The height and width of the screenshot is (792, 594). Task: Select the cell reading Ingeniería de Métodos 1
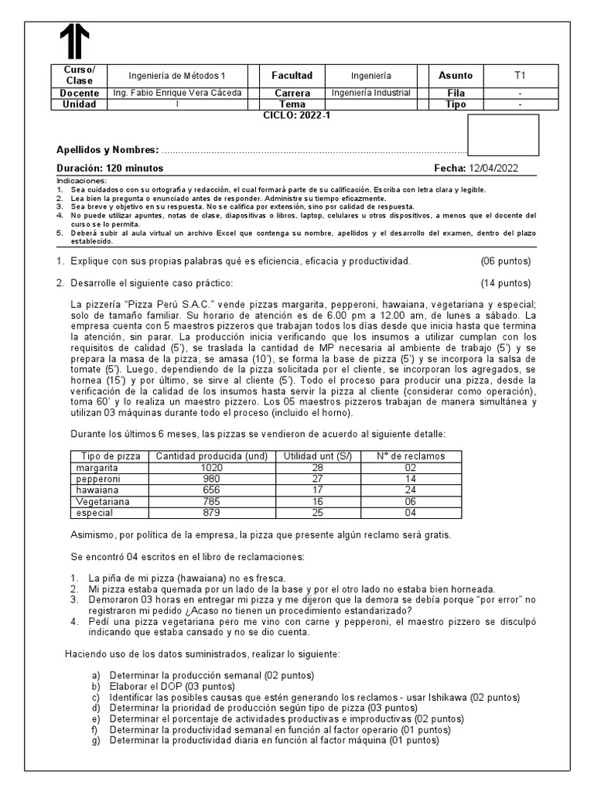177,76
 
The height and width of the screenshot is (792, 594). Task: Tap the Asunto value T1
520,76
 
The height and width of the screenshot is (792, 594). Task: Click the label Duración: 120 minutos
110,168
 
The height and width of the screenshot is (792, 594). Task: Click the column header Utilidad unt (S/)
316,456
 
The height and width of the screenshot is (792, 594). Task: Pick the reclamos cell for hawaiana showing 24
410,490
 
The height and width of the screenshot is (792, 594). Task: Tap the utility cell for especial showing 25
316,511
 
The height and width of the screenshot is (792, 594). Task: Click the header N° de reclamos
410,456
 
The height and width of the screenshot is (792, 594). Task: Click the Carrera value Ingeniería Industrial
370,93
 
